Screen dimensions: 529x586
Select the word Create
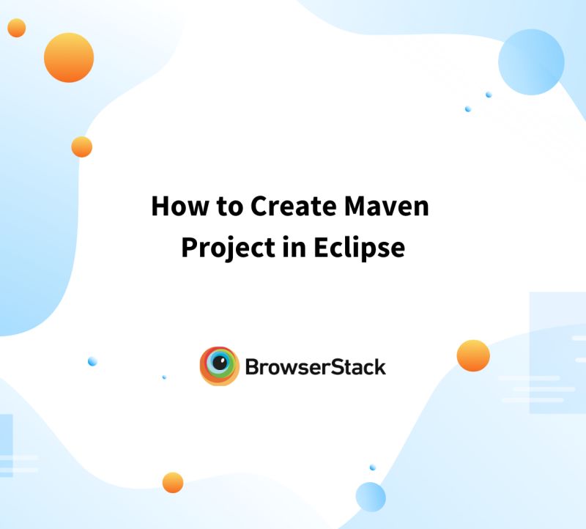pos(293,207)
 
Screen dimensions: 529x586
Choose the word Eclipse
pos(359,248)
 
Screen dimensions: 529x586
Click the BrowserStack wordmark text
pos(315,366)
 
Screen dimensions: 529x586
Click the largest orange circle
pos(69,57)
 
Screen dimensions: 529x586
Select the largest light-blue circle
pos(531,62)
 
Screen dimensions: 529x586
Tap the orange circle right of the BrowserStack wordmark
pos(473,356)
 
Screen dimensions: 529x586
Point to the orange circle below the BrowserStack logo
pos(173,483)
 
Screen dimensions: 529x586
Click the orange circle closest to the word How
pos(82,147)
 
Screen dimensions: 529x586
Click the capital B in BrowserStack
pos(251,366)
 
